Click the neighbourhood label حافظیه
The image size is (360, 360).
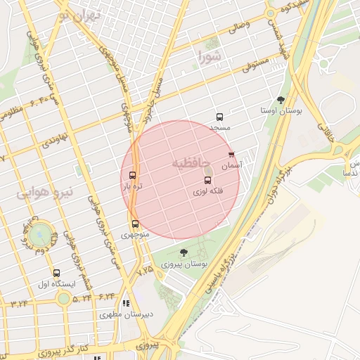191,163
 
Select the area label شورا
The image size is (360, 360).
210,55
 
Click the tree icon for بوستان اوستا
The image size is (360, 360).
281,101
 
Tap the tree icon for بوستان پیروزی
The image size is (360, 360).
184,252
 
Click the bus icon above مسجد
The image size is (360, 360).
219,117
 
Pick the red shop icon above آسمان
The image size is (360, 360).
231,155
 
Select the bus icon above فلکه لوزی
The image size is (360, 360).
207,181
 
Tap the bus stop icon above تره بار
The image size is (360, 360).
132,175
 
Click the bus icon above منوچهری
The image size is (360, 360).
135,224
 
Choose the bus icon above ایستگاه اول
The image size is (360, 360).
56,274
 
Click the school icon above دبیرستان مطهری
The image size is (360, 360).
126,304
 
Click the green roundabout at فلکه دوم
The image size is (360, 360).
41,231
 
